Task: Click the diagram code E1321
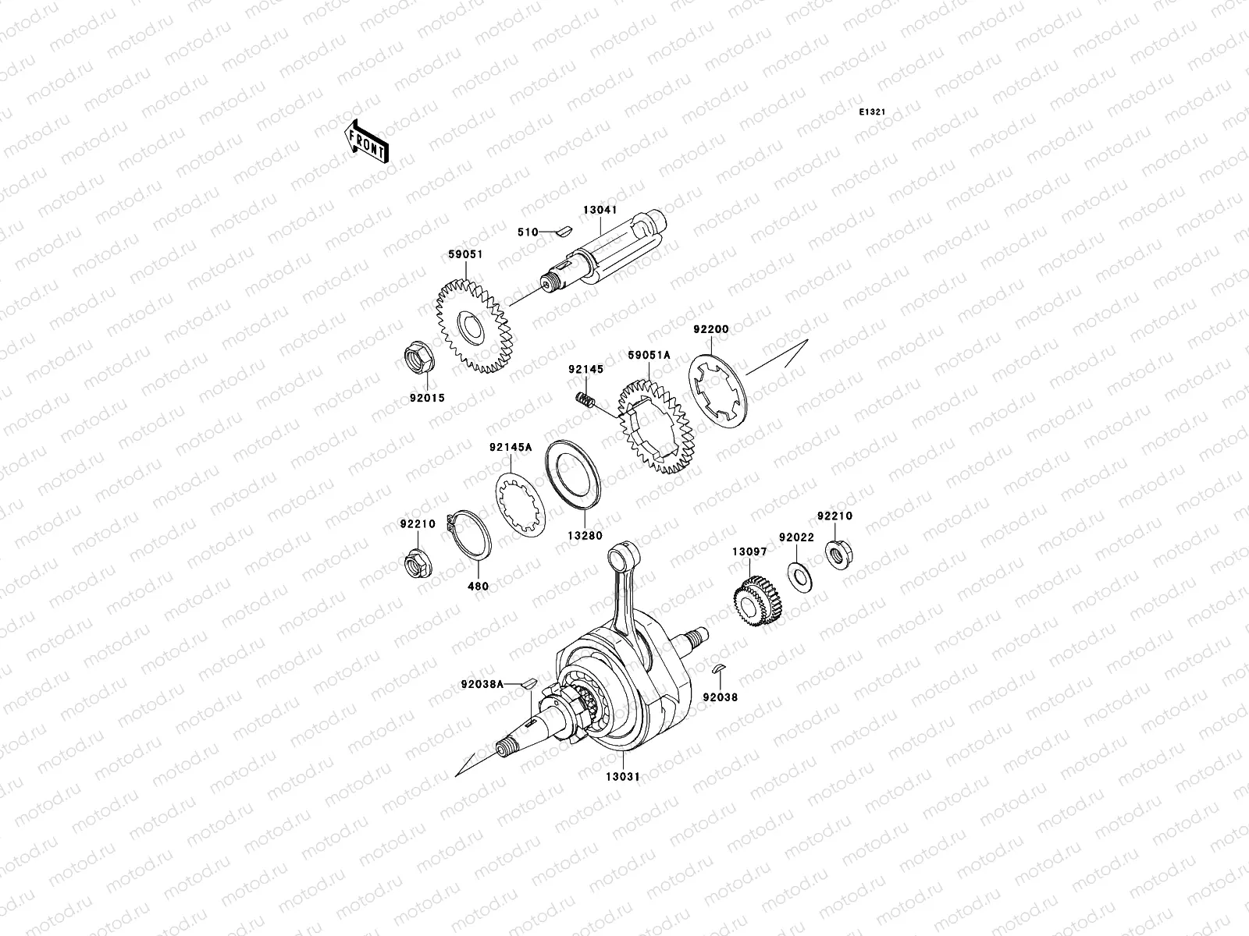(872, 112)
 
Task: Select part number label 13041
(599, 188)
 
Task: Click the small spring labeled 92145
(586, 401)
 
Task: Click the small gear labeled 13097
(753, 603)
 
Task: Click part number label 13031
(624, 777)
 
